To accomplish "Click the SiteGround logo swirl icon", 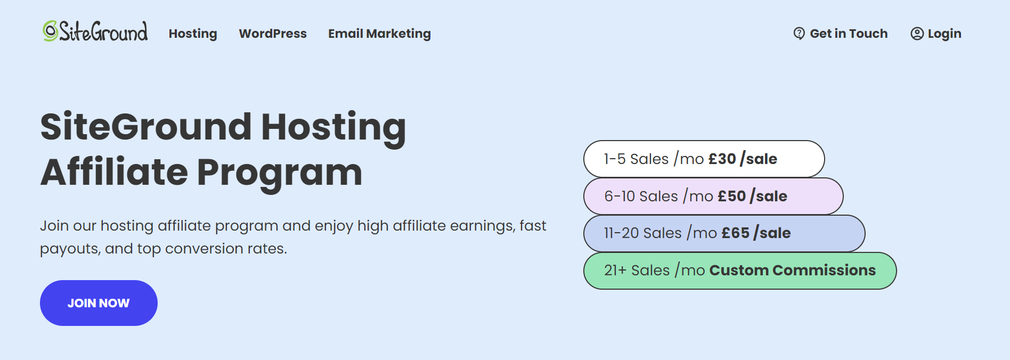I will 51,31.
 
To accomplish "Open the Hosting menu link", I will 193,34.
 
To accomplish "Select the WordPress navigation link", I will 273,34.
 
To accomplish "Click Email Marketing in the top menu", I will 379,34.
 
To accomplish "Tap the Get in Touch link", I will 849,34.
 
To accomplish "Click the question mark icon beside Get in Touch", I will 799,34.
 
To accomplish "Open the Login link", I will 944,34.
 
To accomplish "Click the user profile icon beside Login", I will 917,34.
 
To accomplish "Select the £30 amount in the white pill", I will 722,159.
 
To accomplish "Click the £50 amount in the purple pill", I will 731,196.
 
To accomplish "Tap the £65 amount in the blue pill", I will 735,233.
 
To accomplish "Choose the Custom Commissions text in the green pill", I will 792,270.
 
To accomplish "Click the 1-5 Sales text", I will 636,159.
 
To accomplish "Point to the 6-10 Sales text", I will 641,196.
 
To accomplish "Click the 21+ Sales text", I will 637,270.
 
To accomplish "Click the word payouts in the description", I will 69,249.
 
